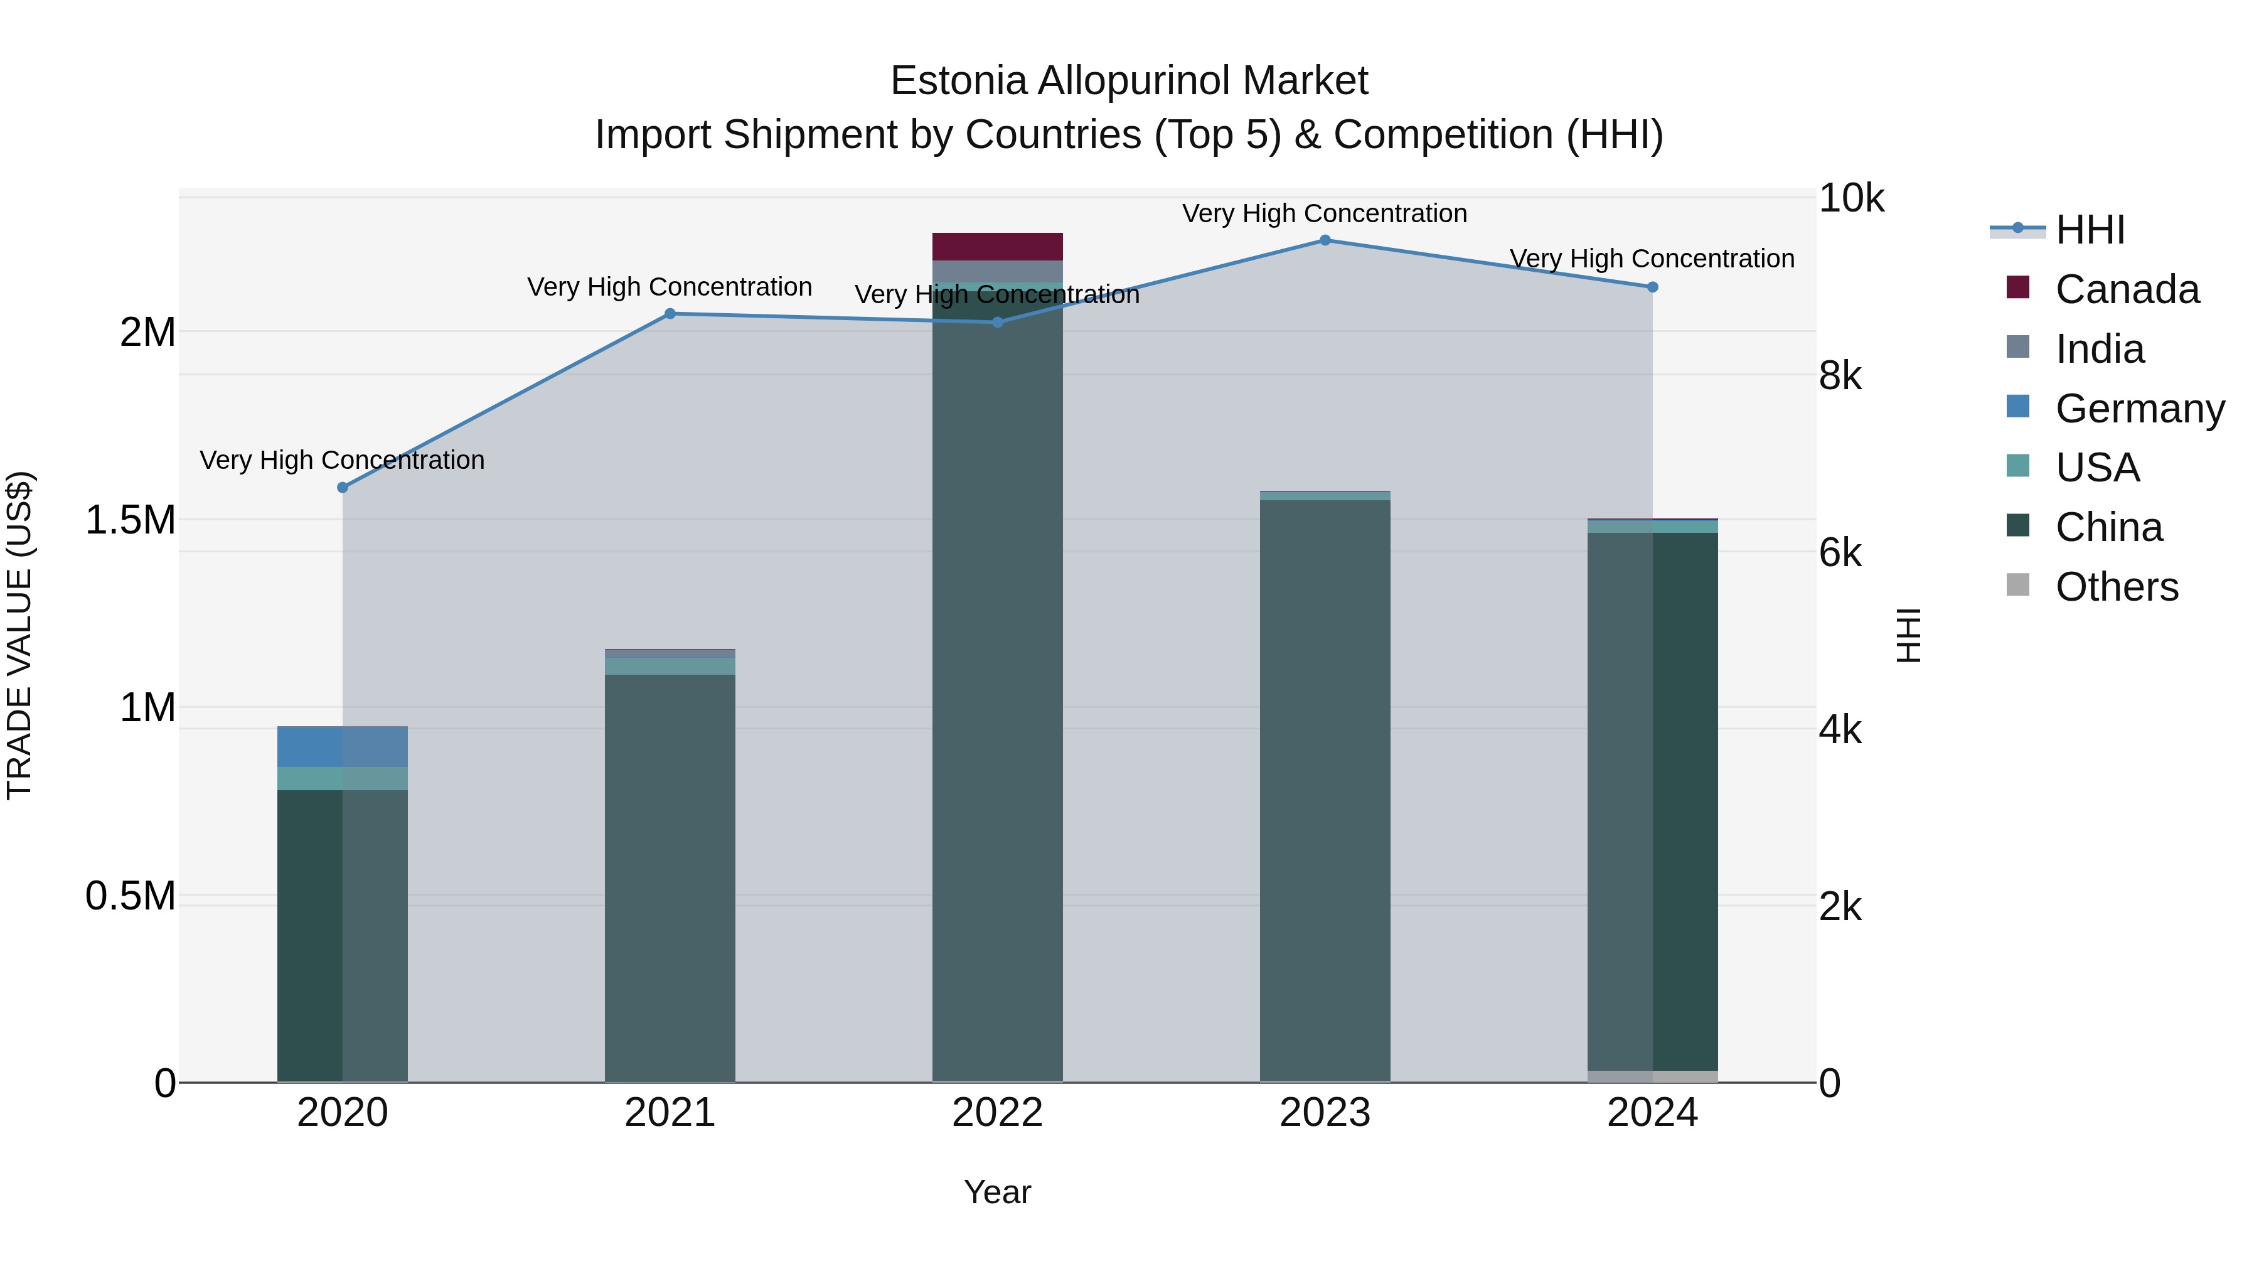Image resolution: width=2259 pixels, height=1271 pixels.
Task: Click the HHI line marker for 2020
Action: [x=343, y=488]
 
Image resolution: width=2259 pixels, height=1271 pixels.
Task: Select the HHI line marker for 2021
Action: [x=670, y=314]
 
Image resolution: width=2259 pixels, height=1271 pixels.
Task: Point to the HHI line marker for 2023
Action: [x=1325, y=240]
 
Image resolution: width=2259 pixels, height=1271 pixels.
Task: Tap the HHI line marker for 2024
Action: [x=1652, y=287]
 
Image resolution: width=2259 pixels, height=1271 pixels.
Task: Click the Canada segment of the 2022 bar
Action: [x=997, y=247]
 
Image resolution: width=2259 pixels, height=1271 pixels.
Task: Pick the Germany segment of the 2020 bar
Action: [x=342, y=746]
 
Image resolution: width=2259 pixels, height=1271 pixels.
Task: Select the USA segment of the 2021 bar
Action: [x=670, y=666]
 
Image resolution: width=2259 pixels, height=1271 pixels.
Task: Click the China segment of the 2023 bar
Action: [x=1325, y=790]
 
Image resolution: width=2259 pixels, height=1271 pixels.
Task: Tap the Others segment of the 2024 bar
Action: [x=1652, y=1076]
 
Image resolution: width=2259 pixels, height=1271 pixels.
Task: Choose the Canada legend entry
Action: [x=2127, y=289]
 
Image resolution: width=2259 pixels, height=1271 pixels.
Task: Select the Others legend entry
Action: [x=2116, y=587]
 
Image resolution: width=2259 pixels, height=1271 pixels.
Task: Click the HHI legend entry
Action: [x=2090, y=230]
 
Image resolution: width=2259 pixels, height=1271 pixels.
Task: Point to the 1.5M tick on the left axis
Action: [x=130, y=520]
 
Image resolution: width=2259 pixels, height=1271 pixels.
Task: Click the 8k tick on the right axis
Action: [x=1839, y=377]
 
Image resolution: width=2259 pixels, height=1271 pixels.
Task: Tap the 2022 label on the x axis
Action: [x=997, y=1113]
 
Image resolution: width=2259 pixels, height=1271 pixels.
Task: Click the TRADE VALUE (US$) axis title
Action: [x=19, y=635]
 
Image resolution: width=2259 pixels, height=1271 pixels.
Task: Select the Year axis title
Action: [x=997, y=1192]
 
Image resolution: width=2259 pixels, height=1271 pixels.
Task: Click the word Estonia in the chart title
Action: [x=958, y=82]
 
